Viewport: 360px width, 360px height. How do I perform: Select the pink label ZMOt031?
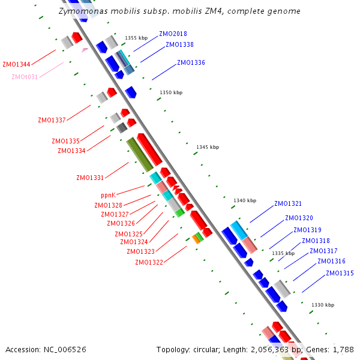click(25, 77)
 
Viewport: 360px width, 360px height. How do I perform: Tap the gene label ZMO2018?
click(173, 34)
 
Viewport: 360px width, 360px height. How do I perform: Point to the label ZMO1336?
click(191, 62)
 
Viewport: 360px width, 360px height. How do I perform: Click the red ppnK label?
click(108, 195)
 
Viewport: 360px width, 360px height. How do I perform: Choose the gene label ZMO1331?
click(90, 178)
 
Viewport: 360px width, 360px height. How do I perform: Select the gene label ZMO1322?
click(149, 262)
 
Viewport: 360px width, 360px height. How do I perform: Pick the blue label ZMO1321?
click(288, 203)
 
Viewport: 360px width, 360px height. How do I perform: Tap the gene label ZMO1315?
click(340, 273)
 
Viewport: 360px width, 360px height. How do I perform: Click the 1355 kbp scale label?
click(136, 38)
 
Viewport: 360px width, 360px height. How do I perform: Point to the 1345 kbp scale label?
click(208, 147)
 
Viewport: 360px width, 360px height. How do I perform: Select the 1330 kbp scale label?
click(323, 305)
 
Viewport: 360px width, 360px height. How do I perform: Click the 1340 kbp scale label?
click(245, 200)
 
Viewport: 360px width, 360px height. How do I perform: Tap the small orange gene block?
click(196, 239)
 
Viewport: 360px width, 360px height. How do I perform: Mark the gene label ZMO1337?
click(52, 120)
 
